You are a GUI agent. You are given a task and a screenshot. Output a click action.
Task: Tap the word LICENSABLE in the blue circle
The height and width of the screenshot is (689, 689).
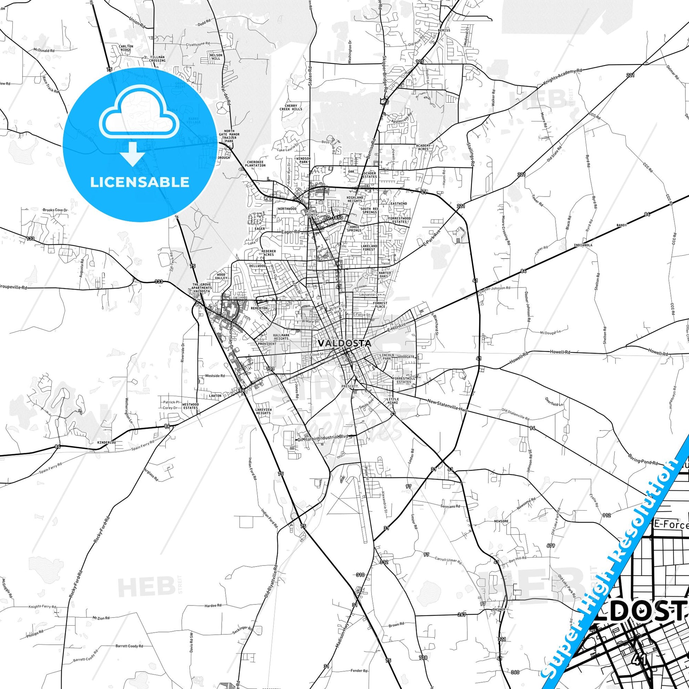coord(139,182)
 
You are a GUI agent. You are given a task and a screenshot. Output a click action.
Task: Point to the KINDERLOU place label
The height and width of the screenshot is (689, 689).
coord(107,443)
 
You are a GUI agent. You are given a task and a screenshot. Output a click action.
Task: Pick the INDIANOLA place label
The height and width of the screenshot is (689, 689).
coord(583,245)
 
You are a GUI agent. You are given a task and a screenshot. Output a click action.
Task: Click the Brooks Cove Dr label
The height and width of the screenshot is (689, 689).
coord(55,210)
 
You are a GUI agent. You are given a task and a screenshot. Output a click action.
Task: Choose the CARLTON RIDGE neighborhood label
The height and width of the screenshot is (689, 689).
coord(126,48)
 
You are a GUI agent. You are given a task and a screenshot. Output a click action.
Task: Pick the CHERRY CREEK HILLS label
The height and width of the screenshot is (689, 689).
coord(291,107)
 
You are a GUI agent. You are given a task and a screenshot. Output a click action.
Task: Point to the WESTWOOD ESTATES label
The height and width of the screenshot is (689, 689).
coord(190,406)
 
